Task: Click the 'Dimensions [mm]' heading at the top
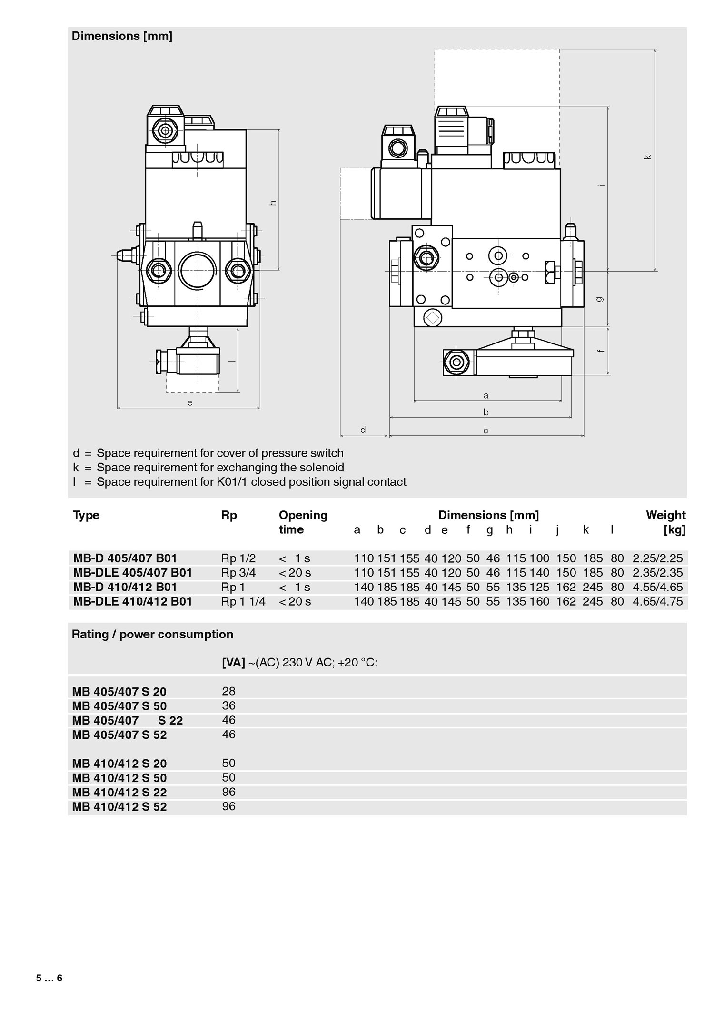tap(122, 36)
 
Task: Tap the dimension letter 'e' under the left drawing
tap(190, 403)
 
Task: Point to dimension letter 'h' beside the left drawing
tap(273, 203)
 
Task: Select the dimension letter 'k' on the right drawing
tap(647, 157)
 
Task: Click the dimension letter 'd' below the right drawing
tap(363, 430)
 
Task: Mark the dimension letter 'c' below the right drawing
tap(486, 431)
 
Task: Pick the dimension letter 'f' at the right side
tap(601, 351)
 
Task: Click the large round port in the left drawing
tap(197, 270)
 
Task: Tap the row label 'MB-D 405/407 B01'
tap(125, 558)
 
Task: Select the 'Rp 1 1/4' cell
tap(243, 601)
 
